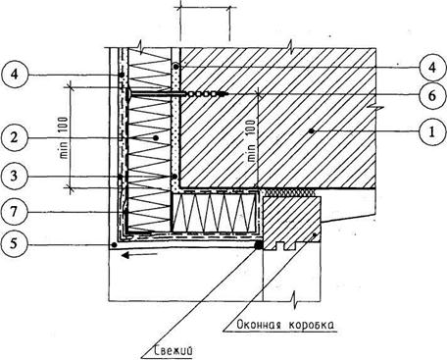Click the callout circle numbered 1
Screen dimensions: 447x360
pyautogui.click(x=432, y=132)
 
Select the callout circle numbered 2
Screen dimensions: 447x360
pyautogui.click(x=14, y=137)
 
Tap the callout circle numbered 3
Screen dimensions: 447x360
pyautogui.click(x=14, y=177)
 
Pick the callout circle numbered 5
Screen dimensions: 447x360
pyautogui.click(x=14, y=243)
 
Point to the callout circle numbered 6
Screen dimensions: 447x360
pyautogui.click(x=432, y=95)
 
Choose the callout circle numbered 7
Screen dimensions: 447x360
pyautogui.click(x=14, y=212)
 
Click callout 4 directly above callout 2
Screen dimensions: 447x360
pyautogui.click(x=14, y=75)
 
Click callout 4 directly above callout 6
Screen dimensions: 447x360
pyautogui.click(x=432, y=68)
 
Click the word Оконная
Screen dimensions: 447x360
pyautogui.click(x=258, y=325)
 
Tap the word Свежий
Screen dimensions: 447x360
pyautogui.click(x=173, y=351)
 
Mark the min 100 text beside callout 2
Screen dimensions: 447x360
pyautogui.click(x=64, y=137)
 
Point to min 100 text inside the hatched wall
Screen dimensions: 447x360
pyautogui.click(x=251, y=141)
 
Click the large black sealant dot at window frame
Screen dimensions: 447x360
pyautogui.click(x=259, y=244)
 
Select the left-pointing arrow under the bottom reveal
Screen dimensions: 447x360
pyautogui.click(x=139, y=255)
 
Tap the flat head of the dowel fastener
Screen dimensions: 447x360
pyautogui.click(x=127, y=94)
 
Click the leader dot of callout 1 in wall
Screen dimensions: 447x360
pyautogui.click(x=311, y=131)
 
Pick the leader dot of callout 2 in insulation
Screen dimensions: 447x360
pyautogui.click(x=156, y=138)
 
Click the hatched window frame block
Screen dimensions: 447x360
pyautogui.click(x=292, y=223)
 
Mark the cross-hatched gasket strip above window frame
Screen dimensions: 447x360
pyautogui.click(x=289, y=192)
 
